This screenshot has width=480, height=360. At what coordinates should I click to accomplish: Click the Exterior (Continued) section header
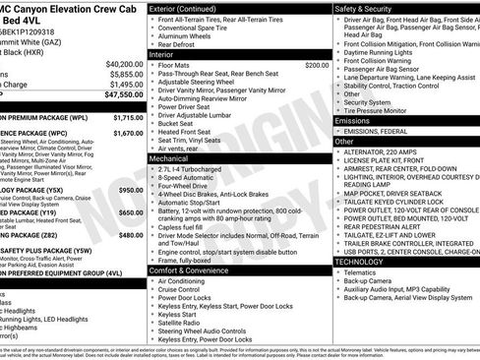[188, 8]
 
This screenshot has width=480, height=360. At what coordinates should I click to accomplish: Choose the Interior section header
[163, 55]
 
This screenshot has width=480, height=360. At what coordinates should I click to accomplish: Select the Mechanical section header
[169, 157]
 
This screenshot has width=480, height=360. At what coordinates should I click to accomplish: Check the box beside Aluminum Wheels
[152, 34]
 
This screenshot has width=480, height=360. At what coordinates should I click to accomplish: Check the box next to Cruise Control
[152, 291]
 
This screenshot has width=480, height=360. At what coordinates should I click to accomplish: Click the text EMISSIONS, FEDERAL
[380, 131]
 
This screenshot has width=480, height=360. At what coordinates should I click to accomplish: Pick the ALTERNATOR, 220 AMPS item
[385, 151]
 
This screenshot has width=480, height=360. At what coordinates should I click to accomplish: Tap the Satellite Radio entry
[178, 323]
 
